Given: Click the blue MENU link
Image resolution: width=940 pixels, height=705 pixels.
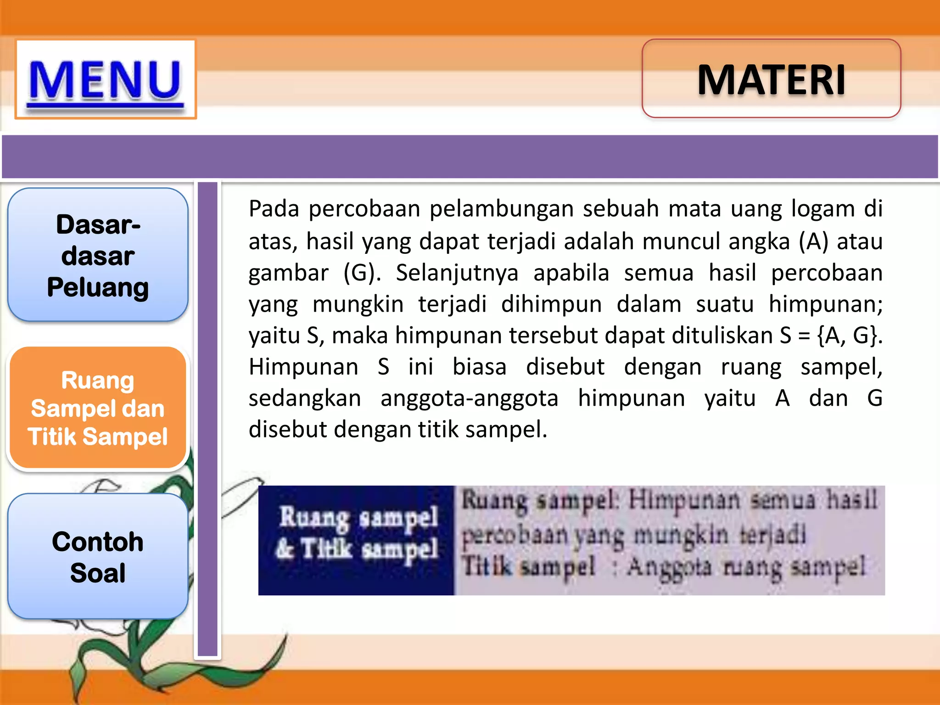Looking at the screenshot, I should [106, 80].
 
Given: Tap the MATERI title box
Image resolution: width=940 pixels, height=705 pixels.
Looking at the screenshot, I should [771, 79].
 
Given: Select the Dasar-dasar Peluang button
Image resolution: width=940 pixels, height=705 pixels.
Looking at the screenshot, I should [98, 255].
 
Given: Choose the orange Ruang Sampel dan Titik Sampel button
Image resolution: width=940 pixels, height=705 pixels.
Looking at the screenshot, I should [98, 408].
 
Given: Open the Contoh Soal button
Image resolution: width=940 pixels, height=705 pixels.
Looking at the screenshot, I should [98, 557].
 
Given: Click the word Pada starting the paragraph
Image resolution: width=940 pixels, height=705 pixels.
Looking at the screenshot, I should [274, 209].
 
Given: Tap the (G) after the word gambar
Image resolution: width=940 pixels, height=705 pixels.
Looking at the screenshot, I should [362, 273].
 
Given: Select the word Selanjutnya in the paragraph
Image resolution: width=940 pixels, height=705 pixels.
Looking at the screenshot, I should [457, 273].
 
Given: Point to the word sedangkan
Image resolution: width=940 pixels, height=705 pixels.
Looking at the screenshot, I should [305, 398].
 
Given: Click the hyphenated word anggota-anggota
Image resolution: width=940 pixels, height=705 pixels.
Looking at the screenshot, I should [469, 398].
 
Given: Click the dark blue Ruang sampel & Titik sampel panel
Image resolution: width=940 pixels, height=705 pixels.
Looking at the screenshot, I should [357, 540].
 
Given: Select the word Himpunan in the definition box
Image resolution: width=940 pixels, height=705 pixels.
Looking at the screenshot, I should [684, 500].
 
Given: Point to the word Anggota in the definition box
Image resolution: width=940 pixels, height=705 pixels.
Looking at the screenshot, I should [669, 567].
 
